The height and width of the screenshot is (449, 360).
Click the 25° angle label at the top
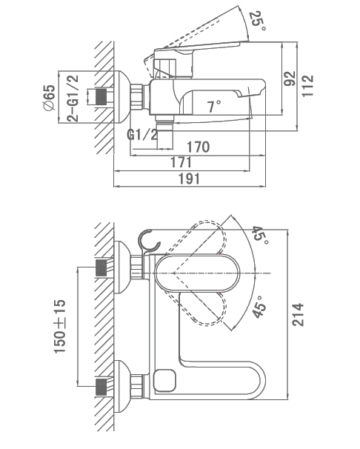[258, 21]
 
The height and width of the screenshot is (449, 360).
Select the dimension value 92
[290, 79]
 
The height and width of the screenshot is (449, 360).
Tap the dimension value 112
[308, 86]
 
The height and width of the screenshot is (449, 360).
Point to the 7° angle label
[214, 107]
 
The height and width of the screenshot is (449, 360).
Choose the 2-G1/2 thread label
[73, 99]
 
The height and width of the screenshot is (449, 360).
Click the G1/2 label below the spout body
[142, 134]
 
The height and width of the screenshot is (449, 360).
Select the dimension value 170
[198, 147]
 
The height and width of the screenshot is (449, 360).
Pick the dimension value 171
[181, 163]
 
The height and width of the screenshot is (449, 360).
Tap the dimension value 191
[189, 179]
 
